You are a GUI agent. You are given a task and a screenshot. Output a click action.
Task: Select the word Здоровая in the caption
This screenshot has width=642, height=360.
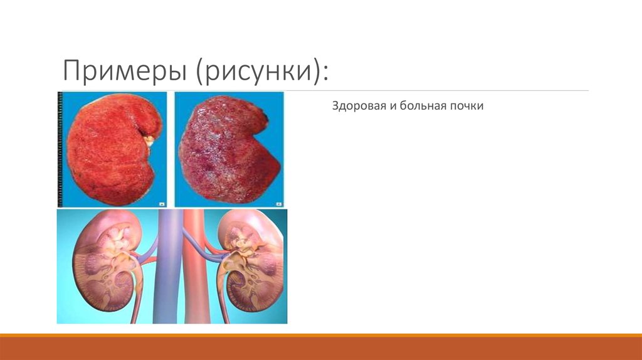click(355, 107)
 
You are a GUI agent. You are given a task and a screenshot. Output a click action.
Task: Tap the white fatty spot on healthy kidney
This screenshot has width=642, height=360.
click(150, 142)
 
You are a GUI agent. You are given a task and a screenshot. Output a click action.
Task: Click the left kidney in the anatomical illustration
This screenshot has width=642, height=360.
click(103, 263)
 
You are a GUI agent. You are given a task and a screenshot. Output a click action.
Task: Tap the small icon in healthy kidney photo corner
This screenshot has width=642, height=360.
click(161, 203)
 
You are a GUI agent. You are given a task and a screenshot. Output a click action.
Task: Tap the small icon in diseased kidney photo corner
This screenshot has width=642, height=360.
click(277, 203)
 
